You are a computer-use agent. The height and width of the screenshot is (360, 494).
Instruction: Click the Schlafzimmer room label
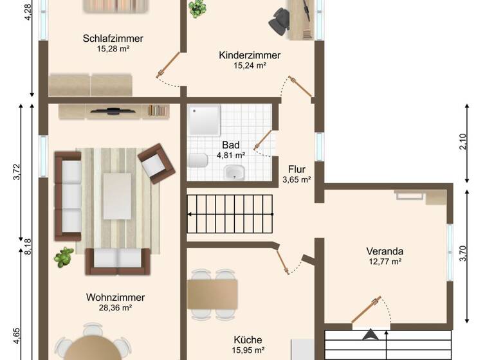pyautogui.click(x=113, y=39)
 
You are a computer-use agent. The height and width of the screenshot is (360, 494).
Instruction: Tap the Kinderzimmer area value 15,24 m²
pyautogui.click(x=250, y=66)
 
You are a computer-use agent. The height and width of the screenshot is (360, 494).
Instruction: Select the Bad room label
pyautogui.click(x=230, y=145)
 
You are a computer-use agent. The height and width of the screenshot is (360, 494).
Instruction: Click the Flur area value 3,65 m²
pyautogui.click(x=297, y=180)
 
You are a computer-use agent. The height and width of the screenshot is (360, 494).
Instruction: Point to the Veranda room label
pyautogui.click(x=385, y=251)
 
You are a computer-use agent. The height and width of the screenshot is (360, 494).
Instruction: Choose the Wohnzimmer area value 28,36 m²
pyautogui.click(x=115, y=308)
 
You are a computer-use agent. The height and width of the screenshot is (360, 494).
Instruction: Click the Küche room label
pyautogui.click(x=248, y=339)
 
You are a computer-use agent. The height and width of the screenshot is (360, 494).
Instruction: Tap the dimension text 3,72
pyautogui.click(x=17, y=174)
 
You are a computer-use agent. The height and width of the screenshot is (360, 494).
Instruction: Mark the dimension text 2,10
pyautogui.click(x=462, y=142)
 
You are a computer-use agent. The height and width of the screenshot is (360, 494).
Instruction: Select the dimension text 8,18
pyautogui.click(x=28, y=248)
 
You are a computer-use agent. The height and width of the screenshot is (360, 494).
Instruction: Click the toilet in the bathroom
pyautogui.click(x=197, y=160)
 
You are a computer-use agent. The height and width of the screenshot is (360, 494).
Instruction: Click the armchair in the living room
pyautogui.click(x=156, y=162)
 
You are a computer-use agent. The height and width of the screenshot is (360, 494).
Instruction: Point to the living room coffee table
pyautogui.click(x=117, y=195)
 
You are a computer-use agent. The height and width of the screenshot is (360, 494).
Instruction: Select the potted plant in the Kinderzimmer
pyautogui.click(x=197, y=9)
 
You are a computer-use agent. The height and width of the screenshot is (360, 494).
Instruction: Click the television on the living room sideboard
pyautogui.click(x=113, y=111)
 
